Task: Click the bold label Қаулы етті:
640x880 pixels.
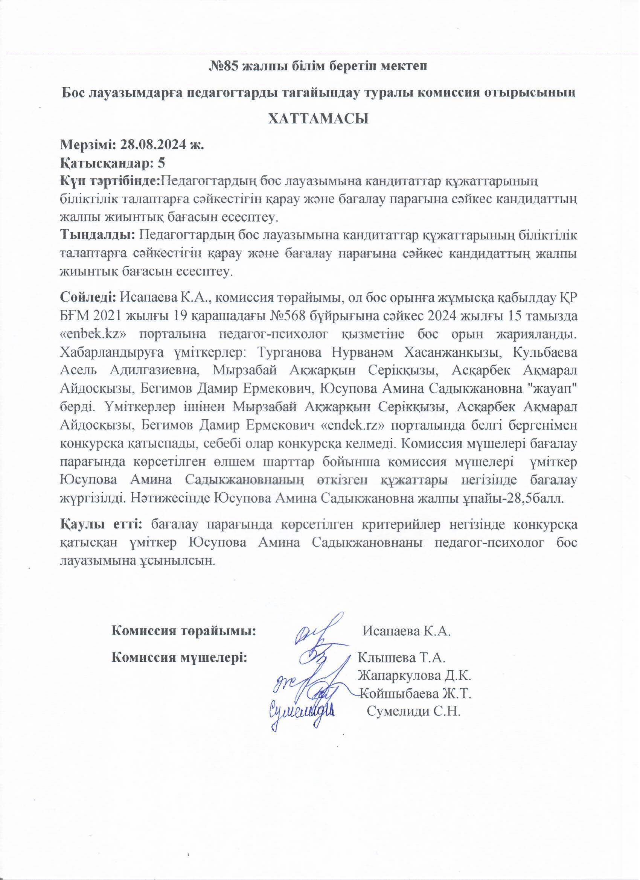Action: (102, 525)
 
